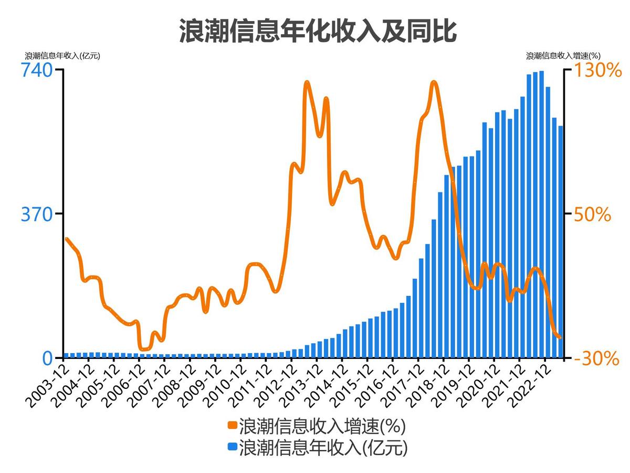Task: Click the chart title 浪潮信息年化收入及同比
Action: [318, 32]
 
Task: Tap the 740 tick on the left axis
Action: [37, 70]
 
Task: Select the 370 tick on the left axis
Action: [37, 214]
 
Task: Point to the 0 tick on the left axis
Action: [47, 358]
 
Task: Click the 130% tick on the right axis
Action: [596, 70]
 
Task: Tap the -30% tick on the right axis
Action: [595, 358]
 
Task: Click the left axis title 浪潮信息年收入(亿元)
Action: [62, 55]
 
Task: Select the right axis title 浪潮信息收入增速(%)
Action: [563, 55]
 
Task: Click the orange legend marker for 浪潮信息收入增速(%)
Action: [232, 425]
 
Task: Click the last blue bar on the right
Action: [560, 242]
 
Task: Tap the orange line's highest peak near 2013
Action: [307, 83]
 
